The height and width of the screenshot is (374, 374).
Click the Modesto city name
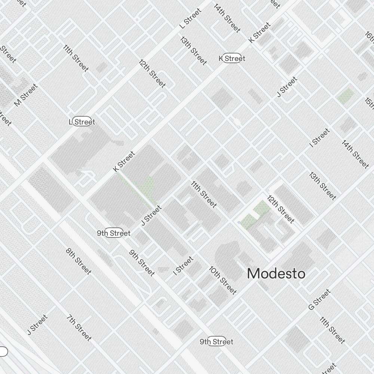[276, 274]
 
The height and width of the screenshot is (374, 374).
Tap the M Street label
[26, 95]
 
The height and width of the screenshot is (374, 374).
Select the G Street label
[319, 299]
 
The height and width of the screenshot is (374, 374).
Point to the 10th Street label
[223, 280]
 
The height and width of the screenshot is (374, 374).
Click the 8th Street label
[79, 261]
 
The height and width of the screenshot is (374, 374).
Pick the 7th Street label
[79, 328]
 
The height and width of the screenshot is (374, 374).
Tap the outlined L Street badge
[82, 122]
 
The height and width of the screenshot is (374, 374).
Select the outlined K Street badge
[232, 58]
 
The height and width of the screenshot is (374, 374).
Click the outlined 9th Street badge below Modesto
[217, 341]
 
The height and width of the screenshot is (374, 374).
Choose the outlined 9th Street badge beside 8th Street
[114, 233]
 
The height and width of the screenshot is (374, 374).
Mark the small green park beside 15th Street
[345, 96]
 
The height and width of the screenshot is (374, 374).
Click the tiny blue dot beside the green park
[239, 223]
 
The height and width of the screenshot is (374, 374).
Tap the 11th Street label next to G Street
[332, 330]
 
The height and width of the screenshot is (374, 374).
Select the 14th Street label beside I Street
[355, 154]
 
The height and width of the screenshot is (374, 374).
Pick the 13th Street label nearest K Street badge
[193, 50]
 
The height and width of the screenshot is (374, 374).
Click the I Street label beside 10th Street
[183, 266]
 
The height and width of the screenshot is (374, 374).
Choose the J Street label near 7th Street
[37, 325]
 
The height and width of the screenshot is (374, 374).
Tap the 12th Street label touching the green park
[281, 209]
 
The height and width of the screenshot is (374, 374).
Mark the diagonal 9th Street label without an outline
[142, 263]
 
